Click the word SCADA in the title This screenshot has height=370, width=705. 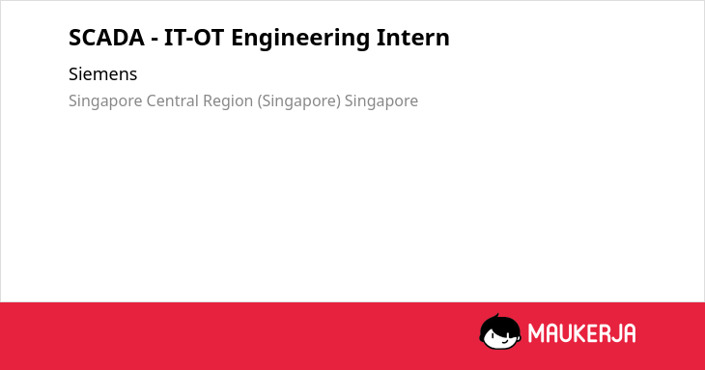(x=106, y=38)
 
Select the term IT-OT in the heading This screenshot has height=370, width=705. (x=194, y=38)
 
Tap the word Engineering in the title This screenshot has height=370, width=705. (x=300, y=39)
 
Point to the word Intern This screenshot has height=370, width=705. (x=413, y=38)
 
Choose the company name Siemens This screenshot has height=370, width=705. (x=103, y=74)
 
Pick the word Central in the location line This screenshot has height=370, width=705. (x=172, y=100)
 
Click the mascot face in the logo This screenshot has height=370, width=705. (x=500, y=331)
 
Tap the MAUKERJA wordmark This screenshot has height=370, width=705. (x=581, y=333)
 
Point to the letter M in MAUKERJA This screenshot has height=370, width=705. (x=536, y=333)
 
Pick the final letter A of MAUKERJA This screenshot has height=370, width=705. (x=630, y=333)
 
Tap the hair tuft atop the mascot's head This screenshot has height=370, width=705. (x=496, y=316)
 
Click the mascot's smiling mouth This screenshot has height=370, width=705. (x=504, y=340)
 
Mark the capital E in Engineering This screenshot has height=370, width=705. (x=238, y=38)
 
